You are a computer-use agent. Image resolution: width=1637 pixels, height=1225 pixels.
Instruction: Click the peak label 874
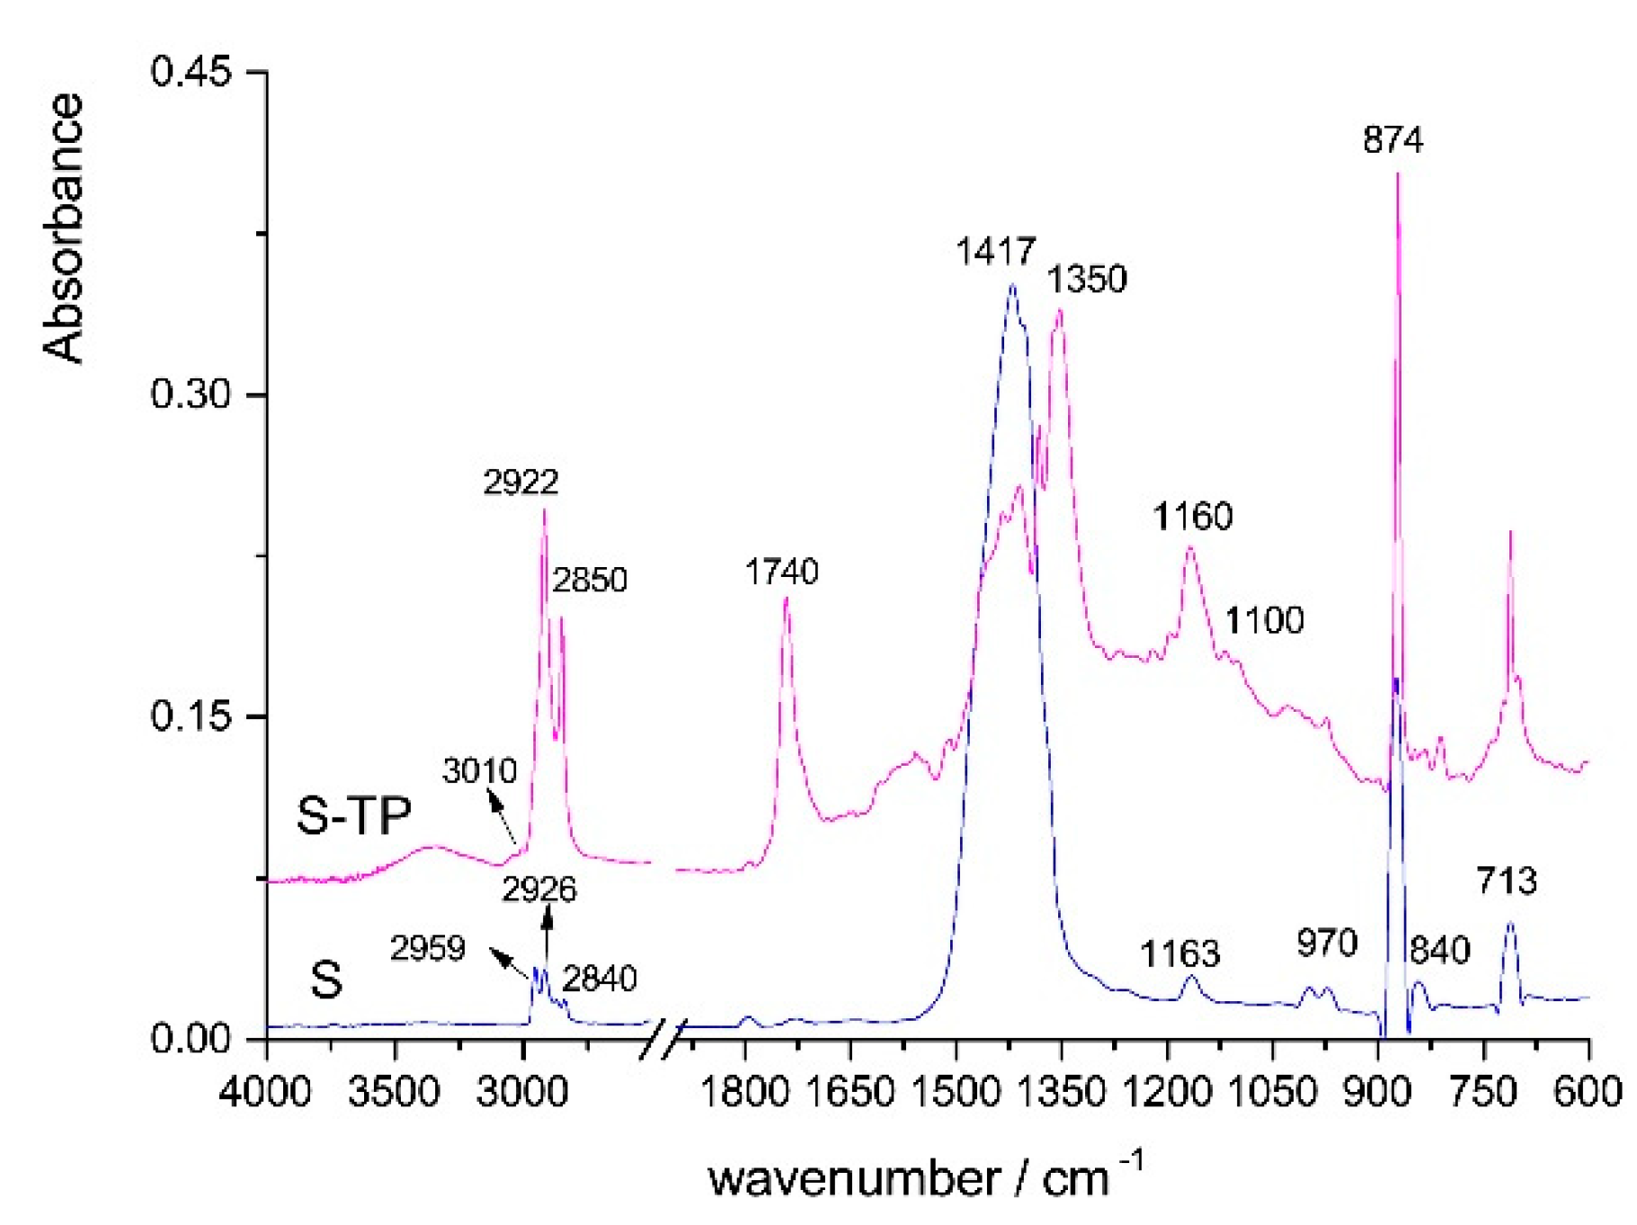click(1392, 140)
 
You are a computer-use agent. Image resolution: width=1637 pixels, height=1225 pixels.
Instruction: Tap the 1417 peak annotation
click(995, 251)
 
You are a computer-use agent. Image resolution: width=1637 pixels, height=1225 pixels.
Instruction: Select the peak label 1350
click(1086, 280)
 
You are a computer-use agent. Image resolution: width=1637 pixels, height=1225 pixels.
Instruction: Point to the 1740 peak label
click(781, 572)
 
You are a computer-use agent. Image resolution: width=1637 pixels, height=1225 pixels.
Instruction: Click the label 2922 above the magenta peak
click(520, 483)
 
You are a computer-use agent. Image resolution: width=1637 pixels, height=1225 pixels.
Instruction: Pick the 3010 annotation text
click(479, 771)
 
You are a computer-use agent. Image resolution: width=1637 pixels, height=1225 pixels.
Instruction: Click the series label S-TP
click(353, 816)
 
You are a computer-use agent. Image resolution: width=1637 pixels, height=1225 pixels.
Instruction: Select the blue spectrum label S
click(326, 980)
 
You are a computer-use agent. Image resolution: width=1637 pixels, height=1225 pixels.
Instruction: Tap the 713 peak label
click(1507, 881)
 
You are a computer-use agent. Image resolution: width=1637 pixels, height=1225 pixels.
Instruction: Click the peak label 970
click(1326, 943)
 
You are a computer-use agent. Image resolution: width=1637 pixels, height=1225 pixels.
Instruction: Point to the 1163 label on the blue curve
click(1179, 954)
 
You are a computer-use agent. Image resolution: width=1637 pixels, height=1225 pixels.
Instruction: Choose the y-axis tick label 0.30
click(190, 394)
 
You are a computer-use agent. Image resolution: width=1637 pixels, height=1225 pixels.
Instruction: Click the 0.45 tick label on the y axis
click(190, 71)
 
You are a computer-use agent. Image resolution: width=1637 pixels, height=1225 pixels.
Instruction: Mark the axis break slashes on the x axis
click(663, 1039)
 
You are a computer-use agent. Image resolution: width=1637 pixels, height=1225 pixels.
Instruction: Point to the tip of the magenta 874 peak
click(1397, 174)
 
